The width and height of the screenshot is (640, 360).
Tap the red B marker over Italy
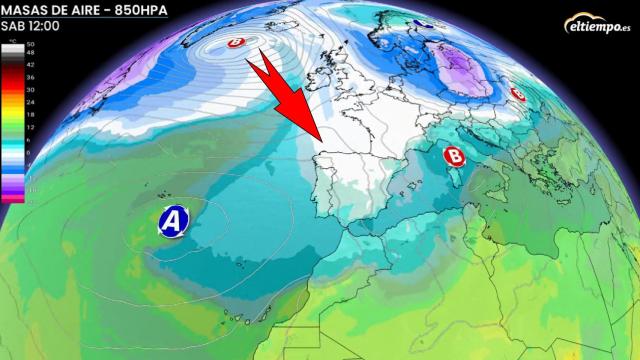coord(454,156)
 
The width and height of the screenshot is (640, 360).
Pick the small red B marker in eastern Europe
coord(518,93)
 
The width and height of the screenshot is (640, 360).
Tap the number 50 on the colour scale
coord(30,46)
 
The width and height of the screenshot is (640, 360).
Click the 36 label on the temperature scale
coord(30,76)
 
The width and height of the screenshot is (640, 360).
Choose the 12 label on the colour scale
coord(30,127)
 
